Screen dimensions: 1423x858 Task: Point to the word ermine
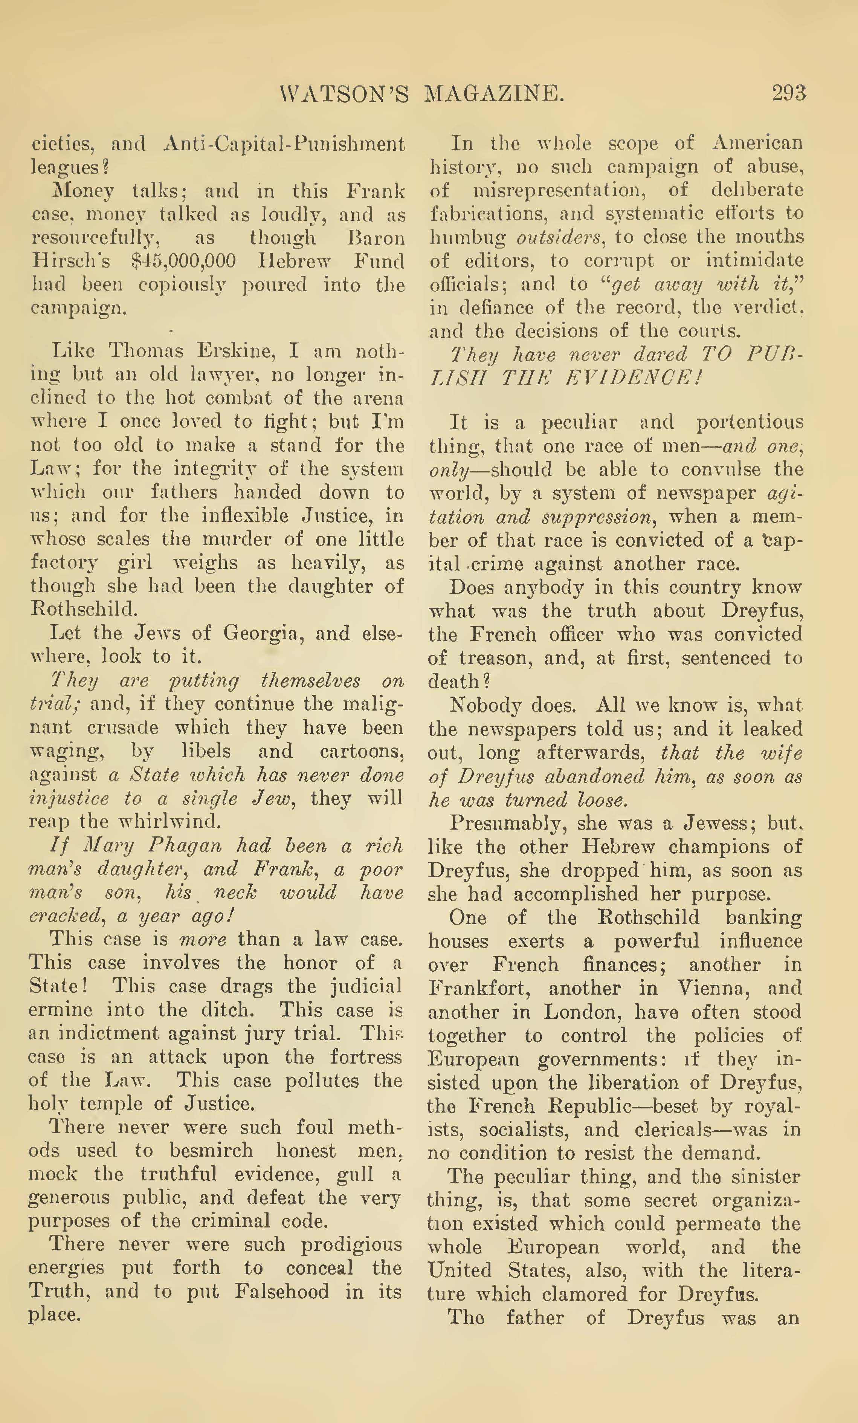click(61, 1010)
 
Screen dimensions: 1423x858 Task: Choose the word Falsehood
click(282, 1292)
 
